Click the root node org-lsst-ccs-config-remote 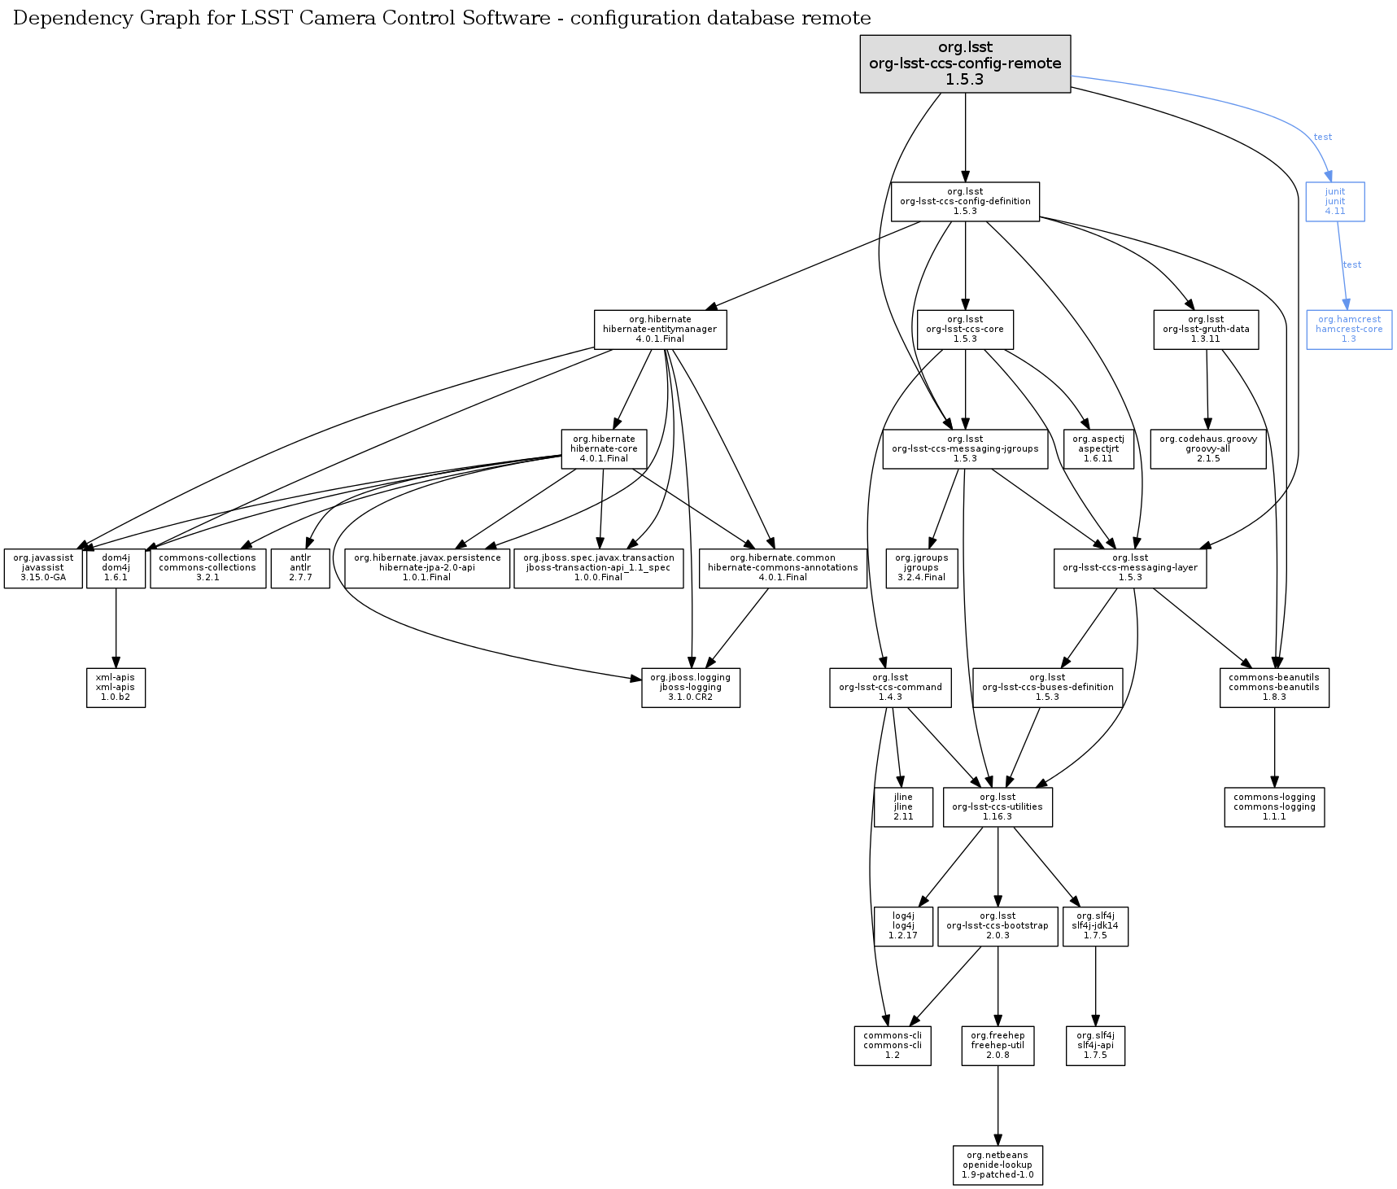965,63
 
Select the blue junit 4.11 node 1334,201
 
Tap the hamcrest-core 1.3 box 1348,330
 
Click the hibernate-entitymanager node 660,330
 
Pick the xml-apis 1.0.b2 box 116,688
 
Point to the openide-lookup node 998,1165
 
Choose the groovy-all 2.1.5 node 1207,448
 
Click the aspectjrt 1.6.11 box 1098,448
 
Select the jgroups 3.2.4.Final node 921,568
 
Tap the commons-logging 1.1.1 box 1274,807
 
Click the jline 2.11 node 903,807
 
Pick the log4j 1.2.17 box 903,926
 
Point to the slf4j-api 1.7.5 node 1095,1046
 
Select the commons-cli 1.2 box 893,1046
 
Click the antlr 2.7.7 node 300,568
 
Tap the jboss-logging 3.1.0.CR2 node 690,688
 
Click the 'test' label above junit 1323,137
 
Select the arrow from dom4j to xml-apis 116,627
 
